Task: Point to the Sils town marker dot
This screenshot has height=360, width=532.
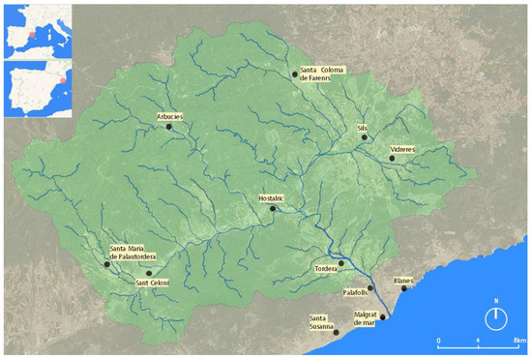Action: tap(364, 137)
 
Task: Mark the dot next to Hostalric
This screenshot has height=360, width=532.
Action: tap(273, 208)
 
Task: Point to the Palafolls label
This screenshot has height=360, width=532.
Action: tap(357, 290)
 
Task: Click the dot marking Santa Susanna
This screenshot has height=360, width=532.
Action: tap(337, 333)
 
